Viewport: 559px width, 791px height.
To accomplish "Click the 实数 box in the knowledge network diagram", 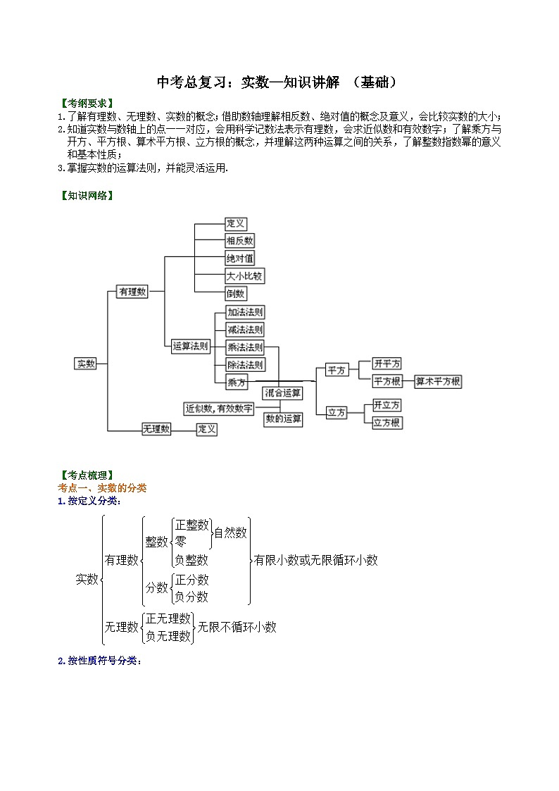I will (86, 363).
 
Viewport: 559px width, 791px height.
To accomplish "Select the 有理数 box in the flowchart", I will (132, 292).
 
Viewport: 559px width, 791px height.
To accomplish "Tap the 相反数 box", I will (240, 241).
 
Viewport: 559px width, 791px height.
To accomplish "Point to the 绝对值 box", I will (240, 259).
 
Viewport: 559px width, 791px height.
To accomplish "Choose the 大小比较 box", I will (244, 276).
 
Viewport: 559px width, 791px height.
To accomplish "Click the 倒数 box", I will (236, 294).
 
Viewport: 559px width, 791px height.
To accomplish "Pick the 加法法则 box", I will (246, 312).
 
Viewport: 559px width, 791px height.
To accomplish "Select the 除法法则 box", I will (246, 365).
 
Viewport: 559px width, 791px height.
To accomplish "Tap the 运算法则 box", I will (191, 346).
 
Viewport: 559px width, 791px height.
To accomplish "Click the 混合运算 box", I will (283, 393).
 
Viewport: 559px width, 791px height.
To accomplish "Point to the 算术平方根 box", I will (438, 382).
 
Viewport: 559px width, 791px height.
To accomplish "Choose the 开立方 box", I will (387, 405).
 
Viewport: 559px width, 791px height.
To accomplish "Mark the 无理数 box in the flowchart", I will (156, 428).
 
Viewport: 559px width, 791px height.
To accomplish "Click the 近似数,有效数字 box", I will (219, 409).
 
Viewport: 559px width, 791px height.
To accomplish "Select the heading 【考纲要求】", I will (86, 103).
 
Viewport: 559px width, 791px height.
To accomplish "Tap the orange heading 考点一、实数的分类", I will (101, 488).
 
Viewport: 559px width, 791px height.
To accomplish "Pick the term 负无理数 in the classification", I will (168, 635).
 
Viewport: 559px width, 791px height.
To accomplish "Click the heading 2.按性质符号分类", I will (99, 661).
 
